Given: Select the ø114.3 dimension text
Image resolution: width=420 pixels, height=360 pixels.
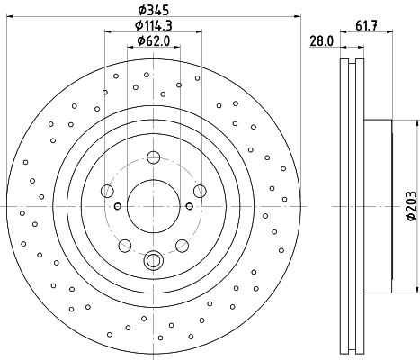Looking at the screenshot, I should [152, 26].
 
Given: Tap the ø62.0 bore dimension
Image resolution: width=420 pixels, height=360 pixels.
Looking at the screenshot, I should [152, 40].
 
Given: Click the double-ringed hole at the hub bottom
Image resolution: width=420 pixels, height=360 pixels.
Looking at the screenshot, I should [153, 261].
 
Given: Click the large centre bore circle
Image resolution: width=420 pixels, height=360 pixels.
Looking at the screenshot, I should [153, 206].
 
